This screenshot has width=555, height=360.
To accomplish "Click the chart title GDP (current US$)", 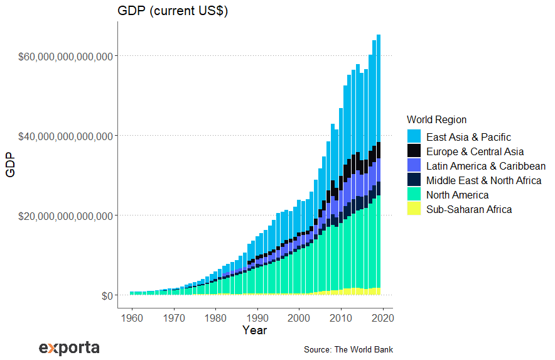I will [173, 11].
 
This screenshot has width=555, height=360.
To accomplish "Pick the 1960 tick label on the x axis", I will [132, 317].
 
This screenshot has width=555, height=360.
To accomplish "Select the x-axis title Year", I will [254, 330].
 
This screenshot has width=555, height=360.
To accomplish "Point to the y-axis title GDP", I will [11, 165].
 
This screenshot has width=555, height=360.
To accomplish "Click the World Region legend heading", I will [436, 119].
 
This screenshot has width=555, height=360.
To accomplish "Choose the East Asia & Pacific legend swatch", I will [414, 137].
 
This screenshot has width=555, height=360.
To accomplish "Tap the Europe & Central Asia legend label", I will [475, 151].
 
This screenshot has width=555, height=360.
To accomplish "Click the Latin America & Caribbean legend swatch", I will [414, 166].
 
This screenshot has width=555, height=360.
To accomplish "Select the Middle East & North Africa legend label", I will [483, 180].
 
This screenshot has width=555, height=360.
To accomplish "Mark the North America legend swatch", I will [414, 195].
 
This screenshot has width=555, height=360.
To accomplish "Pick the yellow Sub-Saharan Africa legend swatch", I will [414, 209].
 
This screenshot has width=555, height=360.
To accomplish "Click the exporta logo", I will [69, 347].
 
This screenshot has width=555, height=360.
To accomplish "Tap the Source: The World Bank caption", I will [348, 349].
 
